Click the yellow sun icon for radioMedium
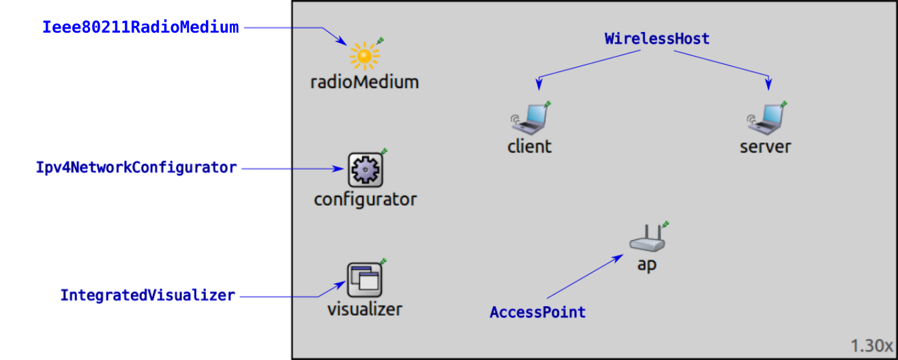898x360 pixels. coord(364,56)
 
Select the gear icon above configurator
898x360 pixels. coord(365,170)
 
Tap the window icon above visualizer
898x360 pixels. coord(364,280)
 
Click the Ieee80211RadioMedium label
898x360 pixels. coord(140,28)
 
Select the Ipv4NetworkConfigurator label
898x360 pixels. coord(136,168)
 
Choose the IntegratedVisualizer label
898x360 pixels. coord(148,296)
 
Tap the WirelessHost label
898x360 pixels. coord(657,39)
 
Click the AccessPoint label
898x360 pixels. coord(537,312)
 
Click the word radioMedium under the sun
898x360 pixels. coord(364,82)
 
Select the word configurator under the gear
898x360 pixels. coord(365,200)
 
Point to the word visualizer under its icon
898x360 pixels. coord(364,309)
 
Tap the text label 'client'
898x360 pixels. coord(530,147)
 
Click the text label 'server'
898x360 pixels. coord(765,147)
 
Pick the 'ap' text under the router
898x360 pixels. coord(646,265)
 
